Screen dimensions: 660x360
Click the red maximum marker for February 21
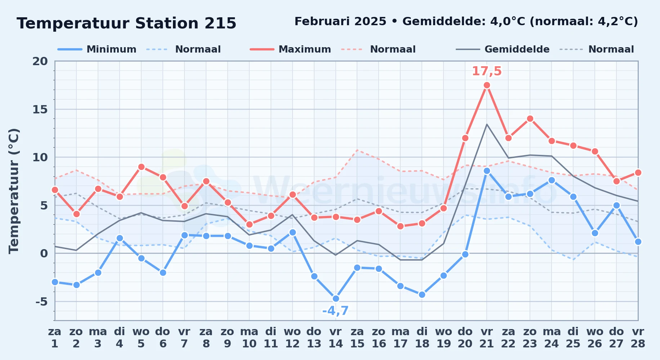click(x=487, y=85)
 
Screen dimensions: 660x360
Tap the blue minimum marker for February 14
click(x=336, y=298)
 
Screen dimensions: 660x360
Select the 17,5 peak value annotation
click(x=487, y=71)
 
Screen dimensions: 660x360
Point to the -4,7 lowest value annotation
click(x=335, y=311)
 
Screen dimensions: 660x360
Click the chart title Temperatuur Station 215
click(x=126, y=23)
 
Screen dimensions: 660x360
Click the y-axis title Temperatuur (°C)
click(x=14, y=191)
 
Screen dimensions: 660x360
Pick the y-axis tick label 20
click(x=40, y=61)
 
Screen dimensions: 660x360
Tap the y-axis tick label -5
click(x=41, y=301)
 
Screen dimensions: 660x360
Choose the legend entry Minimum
click(x=97, y=49)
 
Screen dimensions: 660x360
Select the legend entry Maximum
click(x=290, y=49)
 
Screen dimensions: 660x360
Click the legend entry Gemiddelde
click(x=503, y=49)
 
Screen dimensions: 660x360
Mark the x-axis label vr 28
click(x=638, y=338)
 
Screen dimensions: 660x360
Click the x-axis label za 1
click(x=55, y=338)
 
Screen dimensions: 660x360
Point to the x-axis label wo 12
click(x=292, y=338)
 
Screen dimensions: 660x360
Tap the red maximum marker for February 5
click(x=141, y=167)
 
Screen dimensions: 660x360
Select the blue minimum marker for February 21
click(x=487, y=171)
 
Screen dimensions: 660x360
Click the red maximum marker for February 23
click(x=530, y=119)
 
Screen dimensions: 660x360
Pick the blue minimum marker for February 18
click(x=422, y=294)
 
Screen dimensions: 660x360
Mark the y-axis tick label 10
click(x=40, y=157)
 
